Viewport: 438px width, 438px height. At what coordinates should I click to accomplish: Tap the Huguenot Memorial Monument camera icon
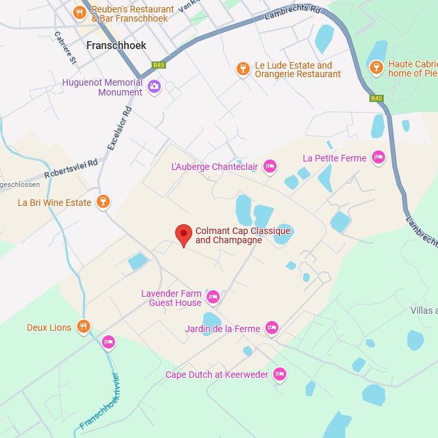point(154,86)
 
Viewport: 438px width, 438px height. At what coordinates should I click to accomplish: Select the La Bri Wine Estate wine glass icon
point(103,202)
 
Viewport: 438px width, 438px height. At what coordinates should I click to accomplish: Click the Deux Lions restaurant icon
point(83,327)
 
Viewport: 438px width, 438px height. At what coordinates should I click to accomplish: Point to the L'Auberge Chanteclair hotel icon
point(269,167)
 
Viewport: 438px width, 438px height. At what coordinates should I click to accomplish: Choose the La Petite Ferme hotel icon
point(378,158)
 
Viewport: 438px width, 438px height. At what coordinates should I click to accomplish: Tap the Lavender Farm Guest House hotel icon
point(212,297)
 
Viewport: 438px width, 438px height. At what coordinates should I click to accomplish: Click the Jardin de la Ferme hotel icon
point(272,328)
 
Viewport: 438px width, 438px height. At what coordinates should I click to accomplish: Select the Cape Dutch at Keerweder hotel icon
point(280,374)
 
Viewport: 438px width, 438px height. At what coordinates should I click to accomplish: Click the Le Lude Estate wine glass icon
point(243,69)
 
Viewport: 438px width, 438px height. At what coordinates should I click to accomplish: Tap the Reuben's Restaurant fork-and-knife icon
point(80,13)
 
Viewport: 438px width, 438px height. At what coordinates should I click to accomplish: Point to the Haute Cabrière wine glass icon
point(376,68)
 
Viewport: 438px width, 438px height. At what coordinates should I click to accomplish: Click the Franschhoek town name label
point(116,46)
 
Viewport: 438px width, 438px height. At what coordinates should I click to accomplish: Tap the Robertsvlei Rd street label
point(71,168)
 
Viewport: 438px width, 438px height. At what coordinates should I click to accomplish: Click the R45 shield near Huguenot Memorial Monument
point(159,65)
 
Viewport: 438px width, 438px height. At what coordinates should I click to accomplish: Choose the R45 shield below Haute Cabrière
point(376,99)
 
